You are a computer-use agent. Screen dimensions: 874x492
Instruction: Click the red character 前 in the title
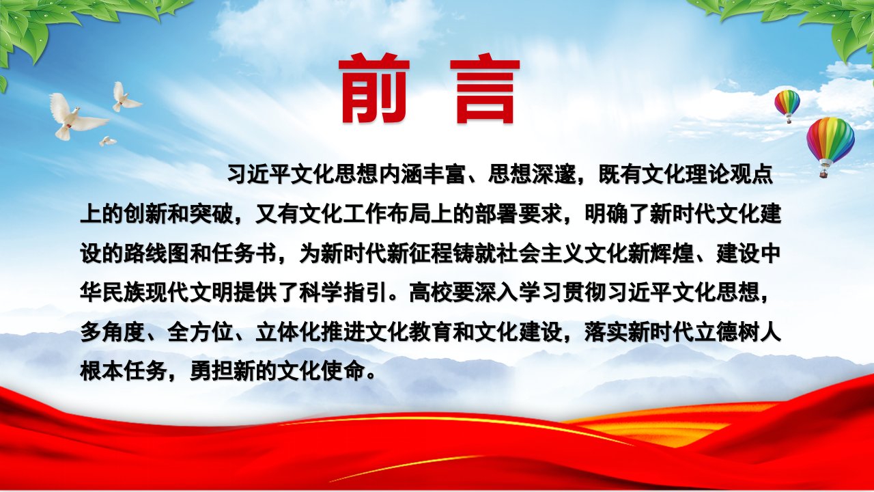coord(374,89)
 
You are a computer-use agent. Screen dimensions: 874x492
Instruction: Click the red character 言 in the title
coord(485,91)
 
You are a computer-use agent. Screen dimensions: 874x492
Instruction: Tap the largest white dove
coord(75,116)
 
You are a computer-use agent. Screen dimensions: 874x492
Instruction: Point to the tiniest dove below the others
coord(107,141)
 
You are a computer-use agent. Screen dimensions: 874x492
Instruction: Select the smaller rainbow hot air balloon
coord(787,106)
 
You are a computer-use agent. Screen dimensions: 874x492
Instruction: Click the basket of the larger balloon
coord(824,173)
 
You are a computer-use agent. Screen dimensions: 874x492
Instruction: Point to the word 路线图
coord(157,254)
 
